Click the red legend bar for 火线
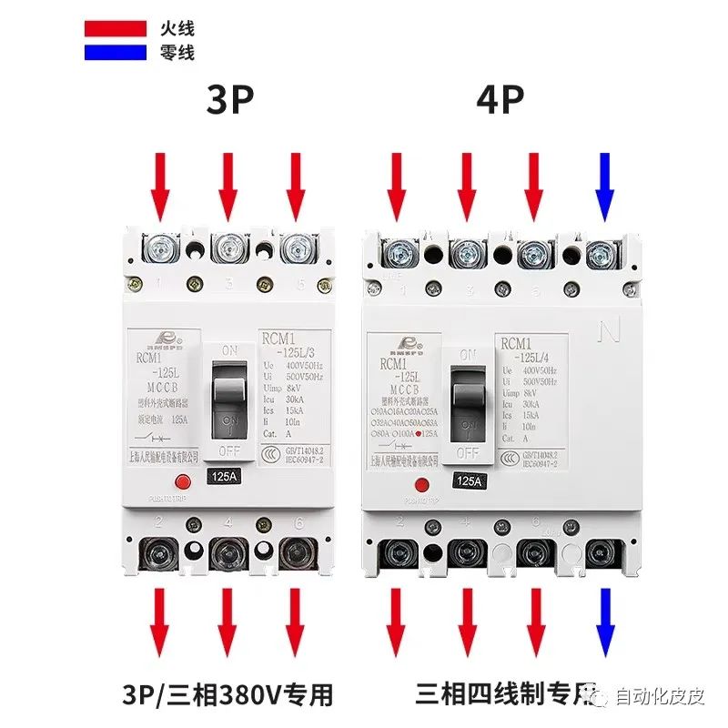[x=116, y=28]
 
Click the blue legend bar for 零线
[x=116, y=53]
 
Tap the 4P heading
[x=500, y=101]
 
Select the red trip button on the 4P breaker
[x=421, y=485]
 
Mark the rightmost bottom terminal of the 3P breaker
[x=294, y=552]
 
